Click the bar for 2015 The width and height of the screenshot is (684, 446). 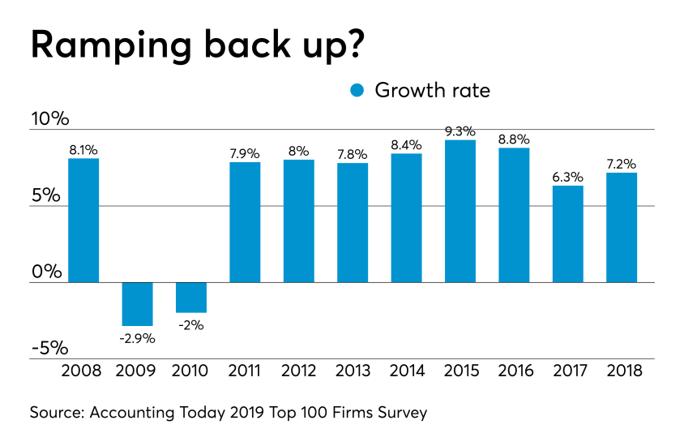click(460, 211)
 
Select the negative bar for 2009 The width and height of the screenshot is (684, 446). click(137, 304)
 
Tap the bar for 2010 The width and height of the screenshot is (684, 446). click(191, 298)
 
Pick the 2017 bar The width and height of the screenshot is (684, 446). click(567, 234)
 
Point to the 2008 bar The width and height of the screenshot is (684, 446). click(83, 221)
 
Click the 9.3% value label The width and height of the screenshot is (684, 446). click(460, 131)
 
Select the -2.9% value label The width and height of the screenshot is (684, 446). click(137, 337)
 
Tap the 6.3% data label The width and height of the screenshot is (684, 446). click(567, 176)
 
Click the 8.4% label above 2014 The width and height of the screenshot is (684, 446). click(406, 144)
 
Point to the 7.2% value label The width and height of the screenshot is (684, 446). click(621, 163)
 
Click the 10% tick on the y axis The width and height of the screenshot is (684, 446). click(49, 119)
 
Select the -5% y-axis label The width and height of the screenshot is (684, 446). click(49, 348)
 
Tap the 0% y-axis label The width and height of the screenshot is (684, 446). click(48, 272)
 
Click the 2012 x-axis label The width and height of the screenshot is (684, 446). click(298, 371)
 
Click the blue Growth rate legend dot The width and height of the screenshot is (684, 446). click(357, 90)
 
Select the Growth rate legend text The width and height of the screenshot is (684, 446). click(432, 90)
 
